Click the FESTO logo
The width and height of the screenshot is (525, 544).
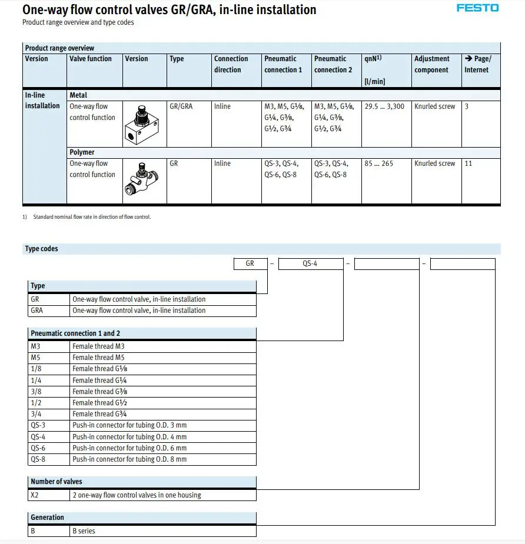tap(477, 8)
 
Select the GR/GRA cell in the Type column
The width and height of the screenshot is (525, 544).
tap(181, 106)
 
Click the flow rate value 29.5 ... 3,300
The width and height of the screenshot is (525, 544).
tap(384, 106)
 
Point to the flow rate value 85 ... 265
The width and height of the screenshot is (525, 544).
tap(378, 163)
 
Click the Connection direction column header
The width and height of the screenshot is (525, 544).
tap(231, 64)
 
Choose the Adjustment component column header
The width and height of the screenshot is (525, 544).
tap(431, 64)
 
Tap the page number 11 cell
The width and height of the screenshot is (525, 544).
tap(468, 163)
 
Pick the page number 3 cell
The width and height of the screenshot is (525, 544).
tap(467, 106)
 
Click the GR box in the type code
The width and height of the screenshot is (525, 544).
tap(250, 264)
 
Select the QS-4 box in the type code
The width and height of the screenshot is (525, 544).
tap(310, 264)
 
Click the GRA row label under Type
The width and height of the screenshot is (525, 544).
tap(36, 311)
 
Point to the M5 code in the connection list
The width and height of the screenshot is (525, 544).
tap(35, 358)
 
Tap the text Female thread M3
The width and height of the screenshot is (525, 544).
tap(98, 346)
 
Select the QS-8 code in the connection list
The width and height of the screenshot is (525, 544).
tap(38, 459)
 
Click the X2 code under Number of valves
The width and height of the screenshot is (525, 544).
tap(35, 495)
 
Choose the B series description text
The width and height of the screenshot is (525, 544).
tap(84, 531)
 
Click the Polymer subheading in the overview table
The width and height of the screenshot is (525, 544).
tap(82, 152)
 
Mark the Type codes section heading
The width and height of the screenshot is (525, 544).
tap(41, 249)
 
